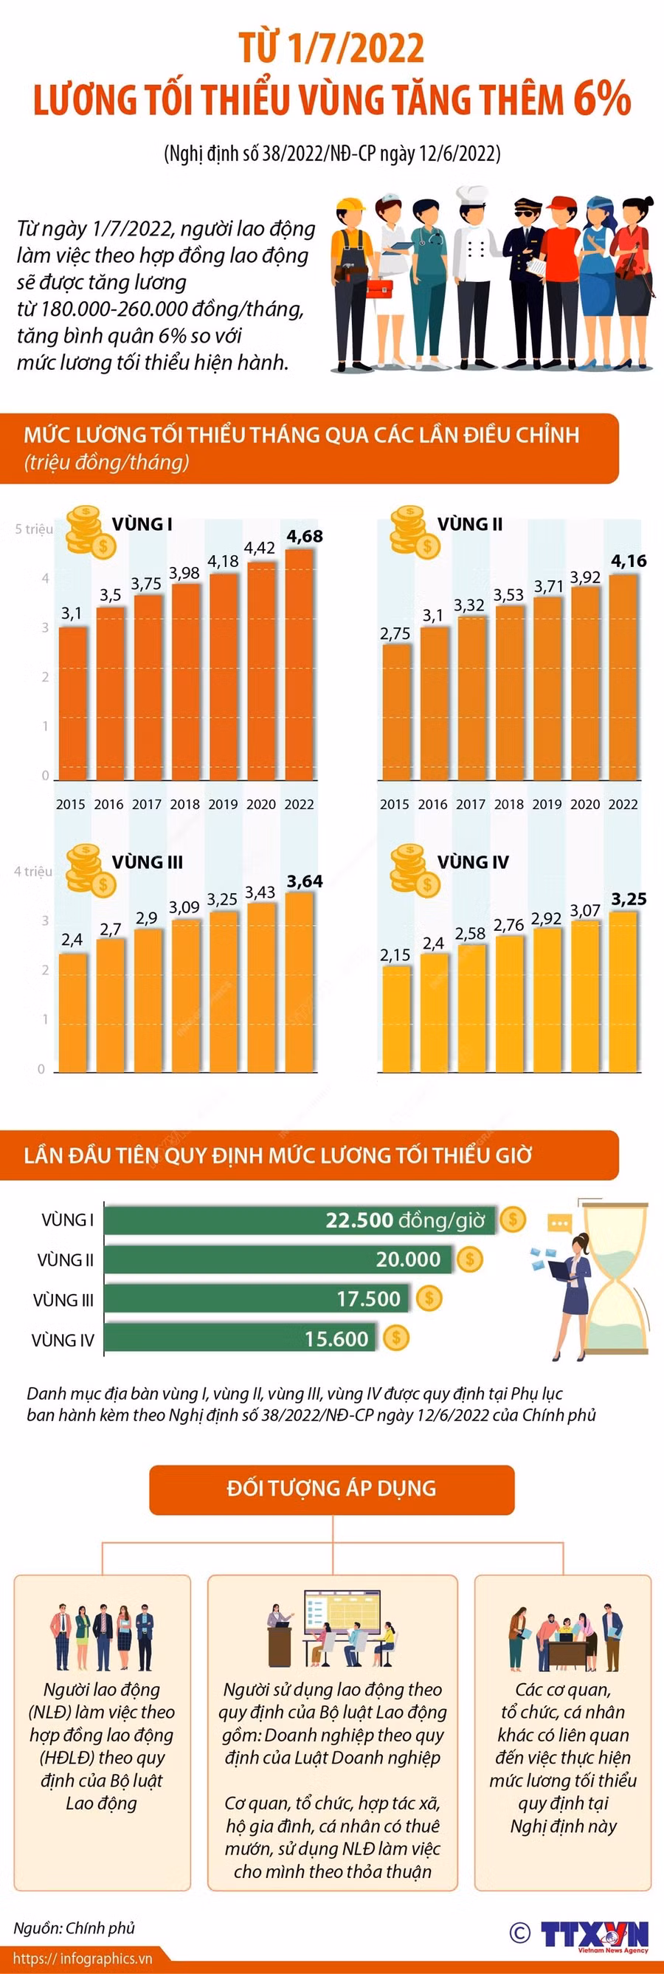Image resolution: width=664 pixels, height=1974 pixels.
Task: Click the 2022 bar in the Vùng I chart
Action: point(299,664)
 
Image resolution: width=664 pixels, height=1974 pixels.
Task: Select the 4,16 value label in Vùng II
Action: point(628,561)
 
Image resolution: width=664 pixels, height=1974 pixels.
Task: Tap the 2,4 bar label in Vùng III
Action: point(72,939)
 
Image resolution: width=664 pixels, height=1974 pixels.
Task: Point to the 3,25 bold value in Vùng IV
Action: point(628,898)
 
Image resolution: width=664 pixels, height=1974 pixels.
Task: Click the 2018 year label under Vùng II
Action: point(508,804)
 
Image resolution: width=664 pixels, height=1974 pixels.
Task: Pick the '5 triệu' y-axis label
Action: point(35,529)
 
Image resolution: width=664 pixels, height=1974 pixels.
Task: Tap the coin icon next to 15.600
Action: point(396,1338)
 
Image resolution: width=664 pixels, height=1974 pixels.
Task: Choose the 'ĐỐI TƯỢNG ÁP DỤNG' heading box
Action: point(331,1488)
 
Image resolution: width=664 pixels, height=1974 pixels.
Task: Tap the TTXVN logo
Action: point(595,1934)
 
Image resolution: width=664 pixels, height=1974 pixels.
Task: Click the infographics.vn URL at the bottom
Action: point(82,1958)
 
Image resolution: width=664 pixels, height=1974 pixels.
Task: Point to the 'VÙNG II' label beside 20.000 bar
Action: point(66,1259)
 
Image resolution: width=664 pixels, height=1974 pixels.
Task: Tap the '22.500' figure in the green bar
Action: point(359,1220)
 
